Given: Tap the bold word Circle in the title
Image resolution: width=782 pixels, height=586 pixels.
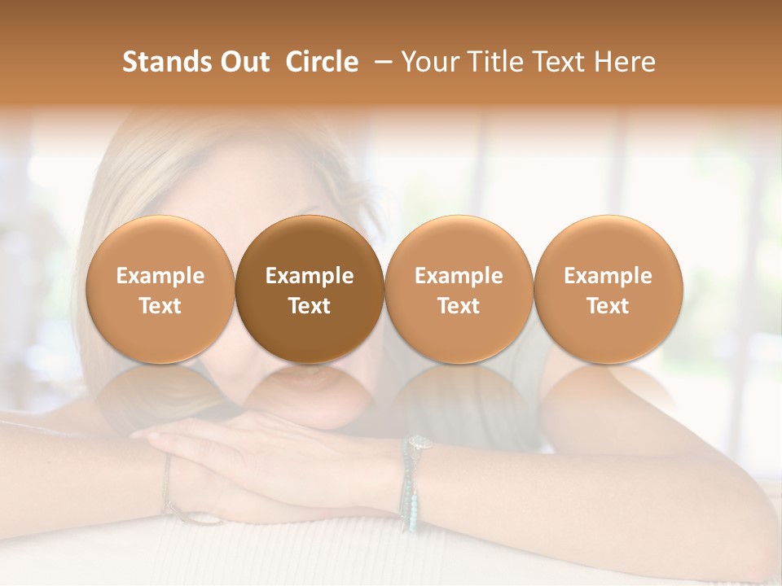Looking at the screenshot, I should pos(322,62).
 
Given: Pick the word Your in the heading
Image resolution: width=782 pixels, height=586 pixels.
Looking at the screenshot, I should pos(428,62).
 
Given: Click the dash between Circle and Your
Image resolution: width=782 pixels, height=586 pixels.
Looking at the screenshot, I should pos(379,62).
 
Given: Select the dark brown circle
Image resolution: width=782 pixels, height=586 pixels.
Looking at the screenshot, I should pos(310,290).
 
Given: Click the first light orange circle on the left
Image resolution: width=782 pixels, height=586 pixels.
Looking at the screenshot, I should pos(160,290).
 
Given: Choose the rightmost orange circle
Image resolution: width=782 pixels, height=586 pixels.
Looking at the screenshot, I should pos(608,290).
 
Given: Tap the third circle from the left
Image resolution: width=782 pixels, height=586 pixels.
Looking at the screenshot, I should pos(459,290).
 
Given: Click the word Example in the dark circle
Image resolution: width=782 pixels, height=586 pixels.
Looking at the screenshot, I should pos(310,276).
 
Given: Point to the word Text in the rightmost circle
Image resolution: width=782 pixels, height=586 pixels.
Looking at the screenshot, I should pos(608,306).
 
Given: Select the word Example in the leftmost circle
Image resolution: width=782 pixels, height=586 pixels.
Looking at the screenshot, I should pos(160,276).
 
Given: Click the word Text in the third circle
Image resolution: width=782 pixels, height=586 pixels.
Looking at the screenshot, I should pos(459,306).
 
